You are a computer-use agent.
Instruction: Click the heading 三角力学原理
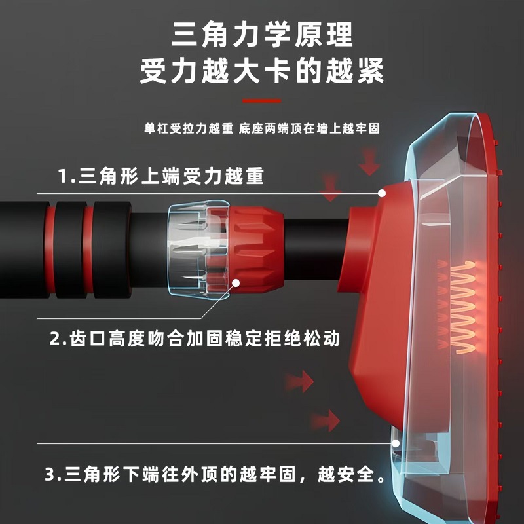click(x=262, y=34)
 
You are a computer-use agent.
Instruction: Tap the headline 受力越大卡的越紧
click(x=262, y=72)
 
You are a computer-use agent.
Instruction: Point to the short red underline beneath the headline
click(x=262, y=101)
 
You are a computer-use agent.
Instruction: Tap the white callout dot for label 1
click(x=382, y=194)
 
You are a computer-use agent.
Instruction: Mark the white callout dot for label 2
click(x=236, y=283)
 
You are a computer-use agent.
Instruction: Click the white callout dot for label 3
click(x=396, y=443)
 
